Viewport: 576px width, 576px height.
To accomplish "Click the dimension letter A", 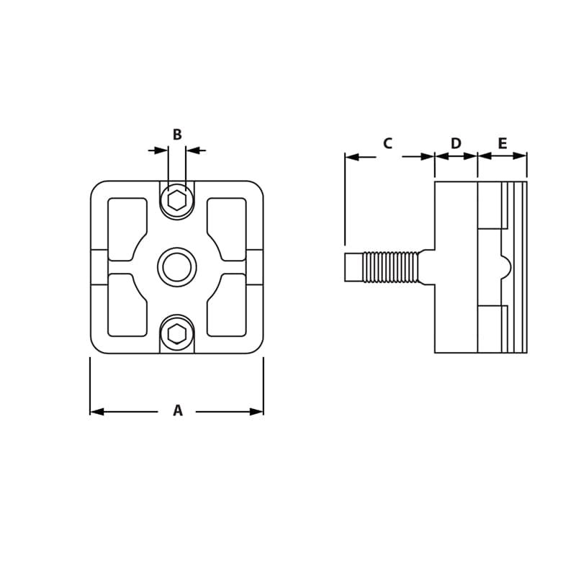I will [178, 411].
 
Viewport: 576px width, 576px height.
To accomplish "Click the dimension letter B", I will [177, 135].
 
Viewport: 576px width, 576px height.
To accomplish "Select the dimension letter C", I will [387, 143].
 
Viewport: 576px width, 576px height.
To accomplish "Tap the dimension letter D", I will [456, 143].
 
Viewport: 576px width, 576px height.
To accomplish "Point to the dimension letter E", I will [502, 143].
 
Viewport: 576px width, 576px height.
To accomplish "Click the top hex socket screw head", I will [177, 200].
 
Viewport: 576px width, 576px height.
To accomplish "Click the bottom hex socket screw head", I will [177, 333].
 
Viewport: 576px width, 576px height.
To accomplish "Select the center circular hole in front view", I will [177, 267].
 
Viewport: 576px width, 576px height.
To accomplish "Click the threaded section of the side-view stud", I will [390, 267].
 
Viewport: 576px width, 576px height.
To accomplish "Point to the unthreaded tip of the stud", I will [353, 267].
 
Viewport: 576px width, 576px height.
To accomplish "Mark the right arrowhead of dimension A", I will [257, 411].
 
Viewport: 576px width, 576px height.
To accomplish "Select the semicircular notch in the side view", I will [506, 267].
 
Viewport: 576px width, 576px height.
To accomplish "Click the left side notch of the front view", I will [99, 267].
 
